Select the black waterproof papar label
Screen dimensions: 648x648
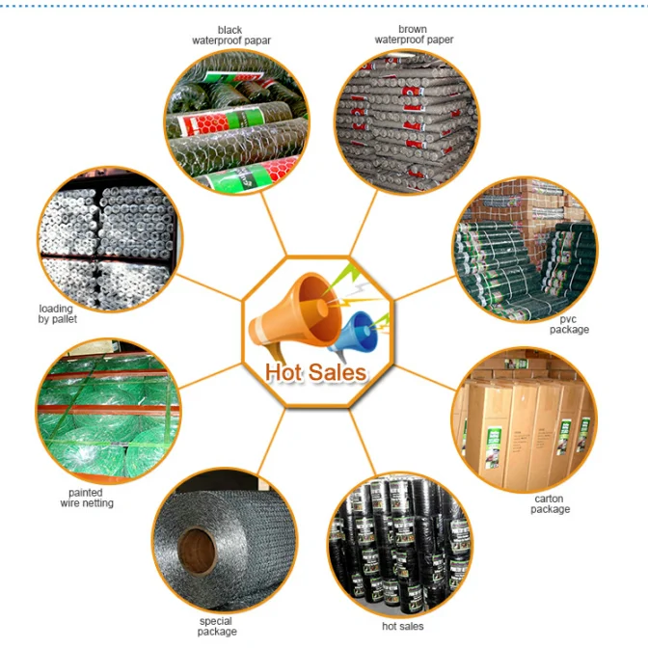(x=230, y=36)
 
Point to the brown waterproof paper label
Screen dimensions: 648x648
(x=414, y=36)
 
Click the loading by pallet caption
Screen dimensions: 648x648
(x=56, y=313)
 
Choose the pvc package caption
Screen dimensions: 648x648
(x=569, y=324)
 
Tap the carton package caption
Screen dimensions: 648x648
(x=550, y=504)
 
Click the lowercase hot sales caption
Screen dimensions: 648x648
(x=402, y=627)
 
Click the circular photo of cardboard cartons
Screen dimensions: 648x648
(x=525, y=421)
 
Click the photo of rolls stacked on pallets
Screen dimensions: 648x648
(x=106, y=238)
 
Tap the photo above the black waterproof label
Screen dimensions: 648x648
(x=236, y=119)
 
